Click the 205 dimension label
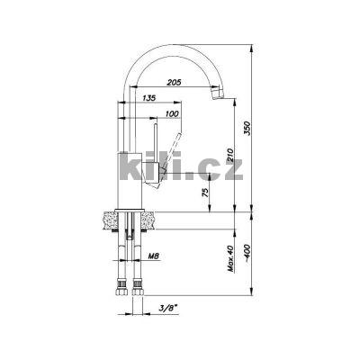pos(175,82)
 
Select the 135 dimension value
pos(149,98)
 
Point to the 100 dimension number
pos(172,113)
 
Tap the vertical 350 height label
pos(247,128)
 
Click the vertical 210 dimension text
pos(230,155)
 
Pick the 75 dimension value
pos(205,192)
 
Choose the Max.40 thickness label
pos(230,258)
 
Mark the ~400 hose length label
pos(247,253)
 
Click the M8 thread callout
pos(153,256)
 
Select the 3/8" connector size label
pos(168,308)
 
